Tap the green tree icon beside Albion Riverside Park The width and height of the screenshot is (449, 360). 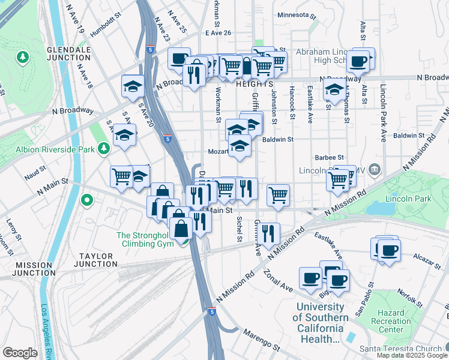coord(104,147)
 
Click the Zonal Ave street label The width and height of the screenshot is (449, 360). coord(278,280)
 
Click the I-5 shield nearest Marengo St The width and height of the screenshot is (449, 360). coord(212,311)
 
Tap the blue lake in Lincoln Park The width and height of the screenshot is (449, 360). coord(378,208)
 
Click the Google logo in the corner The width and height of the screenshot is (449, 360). coord(20,353)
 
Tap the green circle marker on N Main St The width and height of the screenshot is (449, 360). coord(88,200)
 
